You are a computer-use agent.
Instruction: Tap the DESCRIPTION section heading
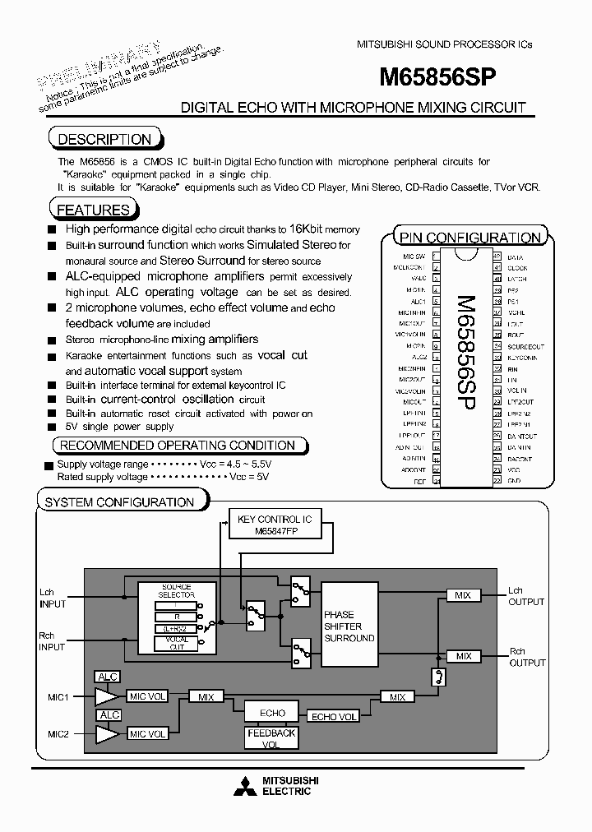(104, 139)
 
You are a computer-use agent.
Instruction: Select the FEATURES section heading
(93, 210)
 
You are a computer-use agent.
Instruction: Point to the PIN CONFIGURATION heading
(469, 238)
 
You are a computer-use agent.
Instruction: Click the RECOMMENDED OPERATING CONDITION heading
(178, 446)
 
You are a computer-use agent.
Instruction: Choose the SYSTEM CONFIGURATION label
(119, 502)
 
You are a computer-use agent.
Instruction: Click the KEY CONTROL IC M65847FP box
(274, 525)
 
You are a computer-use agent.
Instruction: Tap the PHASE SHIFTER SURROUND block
(349, 626)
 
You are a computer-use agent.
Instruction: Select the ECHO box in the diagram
(272, 713)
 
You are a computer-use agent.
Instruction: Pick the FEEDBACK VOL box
(271, 738)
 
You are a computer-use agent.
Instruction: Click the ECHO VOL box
(334, 717)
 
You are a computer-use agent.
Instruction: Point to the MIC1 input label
(58, 696)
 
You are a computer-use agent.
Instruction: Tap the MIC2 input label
(58, 734)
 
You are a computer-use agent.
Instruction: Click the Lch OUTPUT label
(525, 596)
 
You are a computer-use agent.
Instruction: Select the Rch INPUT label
(52, 640)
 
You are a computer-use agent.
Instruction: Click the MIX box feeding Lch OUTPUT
(464, 594)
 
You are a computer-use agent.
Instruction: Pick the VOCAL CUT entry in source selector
(176, 643)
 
